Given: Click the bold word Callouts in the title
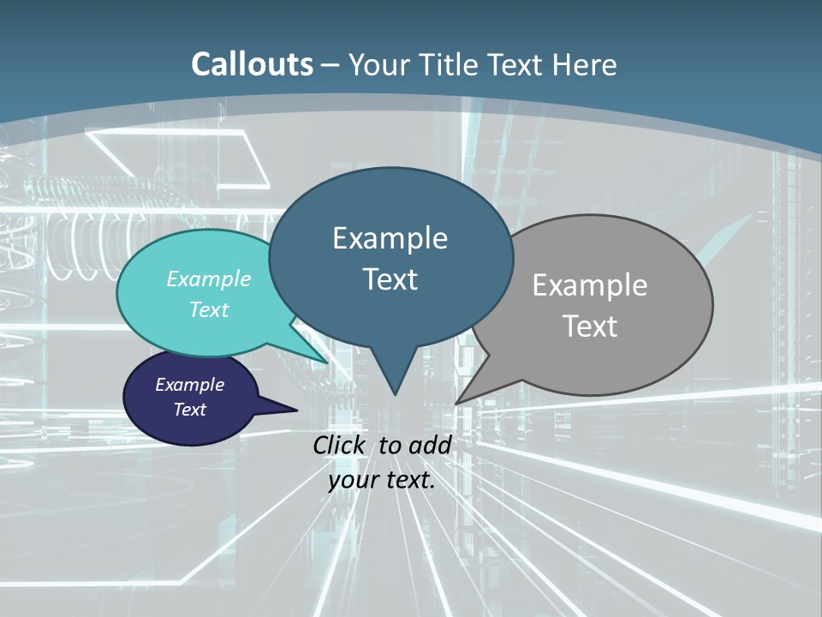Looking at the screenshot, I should click(x=252, y=64).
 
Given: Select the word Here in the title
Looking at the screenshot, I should click(x=586, y=64).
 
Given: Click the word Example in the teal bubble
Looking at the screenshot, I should click(x=209, y=279).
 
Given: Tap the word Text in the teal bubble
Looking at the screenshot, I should click(x=209, y=309).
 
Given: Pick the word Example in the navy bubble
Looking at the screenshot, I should click(x=189, y=385).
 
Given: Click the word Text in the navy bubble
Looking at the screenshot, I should click(x=189, y=410).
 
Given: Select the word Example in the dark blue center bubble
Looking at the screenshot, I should click(x=390, y=238).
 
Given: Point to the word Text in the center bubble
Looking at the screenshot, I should click(x=390, y=279).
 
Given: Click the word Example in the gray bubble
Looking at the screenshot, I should click(x=590, y=285).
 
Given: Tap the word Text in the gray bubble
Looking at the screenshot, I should click(x=590, y=326).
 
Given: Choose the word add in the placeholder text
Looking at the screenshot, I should click(x=430, y=445).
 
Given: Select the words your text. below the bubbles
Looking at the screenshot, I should click(x=381, y=480).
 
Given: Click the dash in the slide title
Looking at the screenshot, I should click(x=331, y=64).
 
